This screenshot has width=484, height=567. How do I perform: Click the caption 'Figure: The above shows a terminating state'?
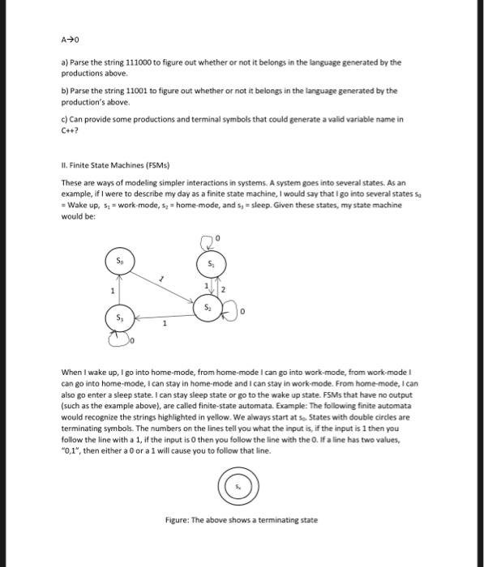pyautogui.click(x=240, y=519)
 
